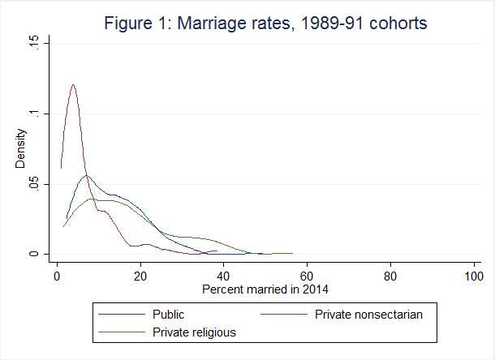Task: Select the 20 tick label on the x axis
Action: coord(140,276)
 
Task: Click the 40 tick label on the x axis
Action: coord(224,276)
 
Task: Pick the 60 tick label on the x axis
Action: coord(308,276)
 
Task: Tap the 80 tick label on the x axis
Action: coord(391,276)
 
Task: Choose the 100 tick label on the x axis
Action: coord(474,276)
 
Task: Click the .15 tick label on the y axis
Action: coord(33,43)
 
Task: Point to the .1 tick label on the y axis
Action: coord(33,114)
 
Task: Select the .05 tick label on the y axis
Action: coord(33,184)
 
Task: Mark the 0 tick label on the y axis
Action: coord(33,254)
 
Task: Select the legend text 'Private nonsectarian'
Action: coord(370,315)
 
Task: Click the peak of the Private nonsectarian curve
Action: coord(73,84)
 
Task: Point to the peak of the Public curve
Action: coord(86,175)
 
